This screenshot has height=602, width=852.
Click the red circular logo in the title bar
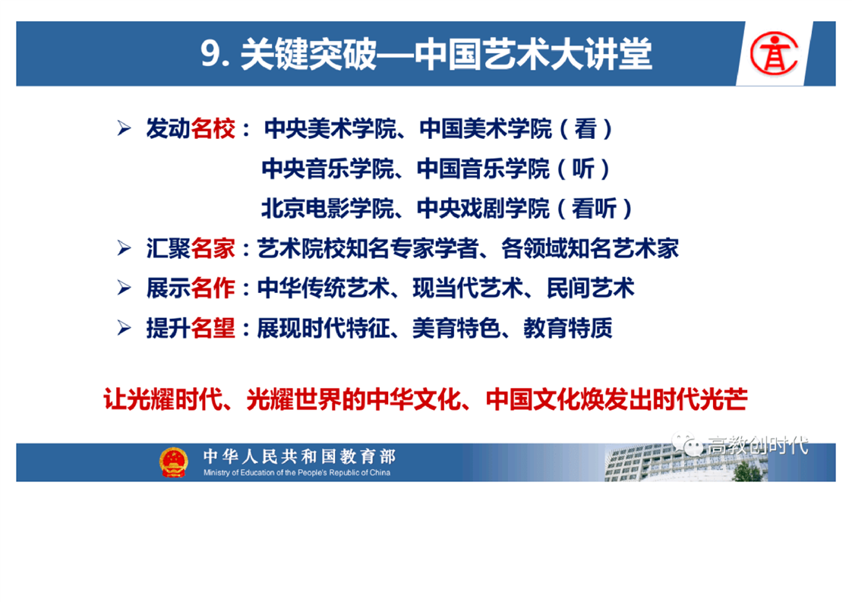click(774, 53)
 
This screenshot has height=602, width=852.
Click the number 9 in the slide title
click(210, 54)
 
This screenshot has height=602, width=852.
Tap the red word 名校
click(213, 129)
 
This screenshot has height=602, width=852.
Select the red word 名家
click(213, 248)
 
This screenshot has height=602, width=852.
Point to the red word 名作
click(213, 288)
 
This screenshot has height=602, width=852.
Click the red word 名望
click(213, 328)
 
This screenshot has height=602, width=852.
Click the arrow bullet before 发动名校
click(124, 129)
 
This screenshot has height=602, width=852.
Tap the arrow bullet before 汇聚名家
click(124, 248)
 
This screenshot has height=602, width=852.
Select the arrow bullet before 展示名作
click(124, 288)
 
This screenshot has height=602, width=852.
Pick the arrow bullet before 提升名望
click(124, 328)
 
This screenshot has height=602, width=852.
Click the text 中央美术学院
click(330, 129)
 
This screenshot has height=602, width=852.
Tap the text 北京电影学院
click(327, 209)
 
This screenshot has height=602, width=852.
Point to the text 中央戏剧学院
click(483, 209)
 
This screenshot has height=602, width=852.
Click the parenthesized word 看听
click(594, 209)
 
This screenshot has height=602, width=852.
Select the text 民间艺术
click(590, 288)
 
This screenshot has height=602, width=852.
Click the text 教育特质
click(568, 328)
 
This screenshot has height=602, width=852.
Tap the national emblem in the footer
click(173, 462)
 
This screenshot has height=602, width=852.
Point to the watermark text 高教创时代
click(757, 446)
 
